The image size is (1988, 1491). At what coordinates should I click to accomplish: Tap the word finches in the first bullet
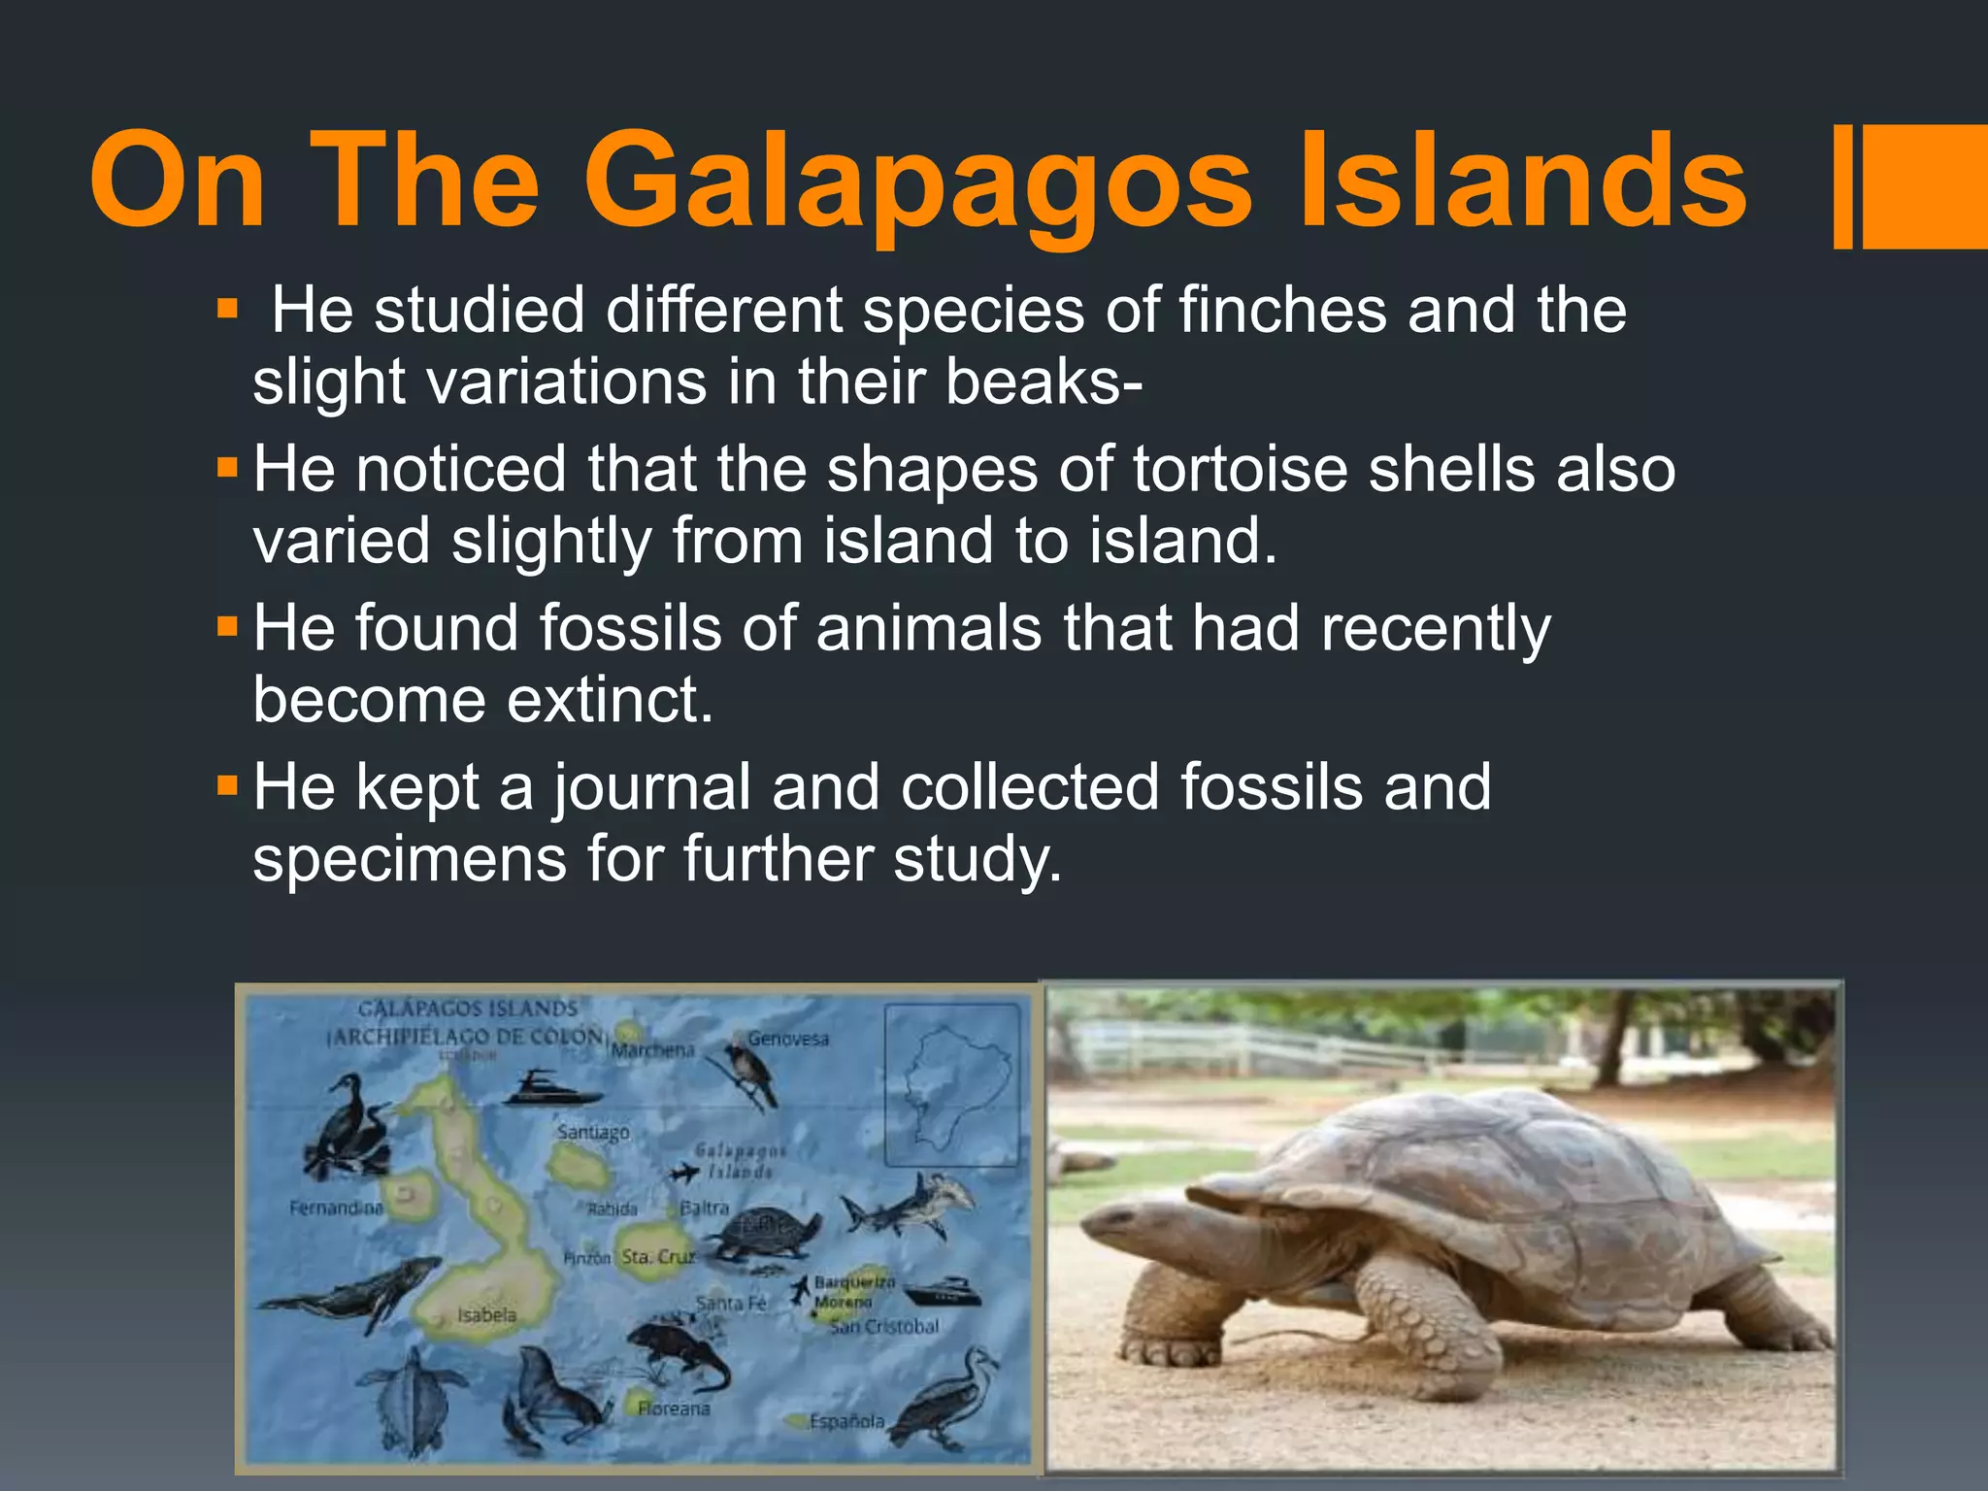click(1282, 311)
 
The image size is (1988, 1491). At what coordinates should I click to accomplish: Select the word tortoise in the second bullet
click(1239, 470)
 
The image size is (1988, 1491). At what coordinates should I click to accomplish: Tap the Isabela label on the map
click(486, 1315)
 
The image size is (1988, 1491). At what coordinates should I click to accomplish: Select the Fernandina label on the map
click(336, 1208)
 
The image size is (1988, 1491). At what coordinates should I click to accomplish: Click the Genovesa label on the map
click(788, 1039)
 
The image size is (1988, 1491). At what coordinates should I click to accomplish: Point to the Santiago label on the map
click(592, 1132)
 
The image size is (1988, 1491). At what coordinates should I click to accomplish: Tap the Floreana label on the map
click(674, 1408)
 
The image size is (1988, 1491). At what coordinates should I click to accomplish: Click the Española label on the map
click(846, 1421)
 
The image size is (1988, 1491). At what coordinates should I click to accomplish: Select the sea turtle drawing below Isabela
click(413, 1398)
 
